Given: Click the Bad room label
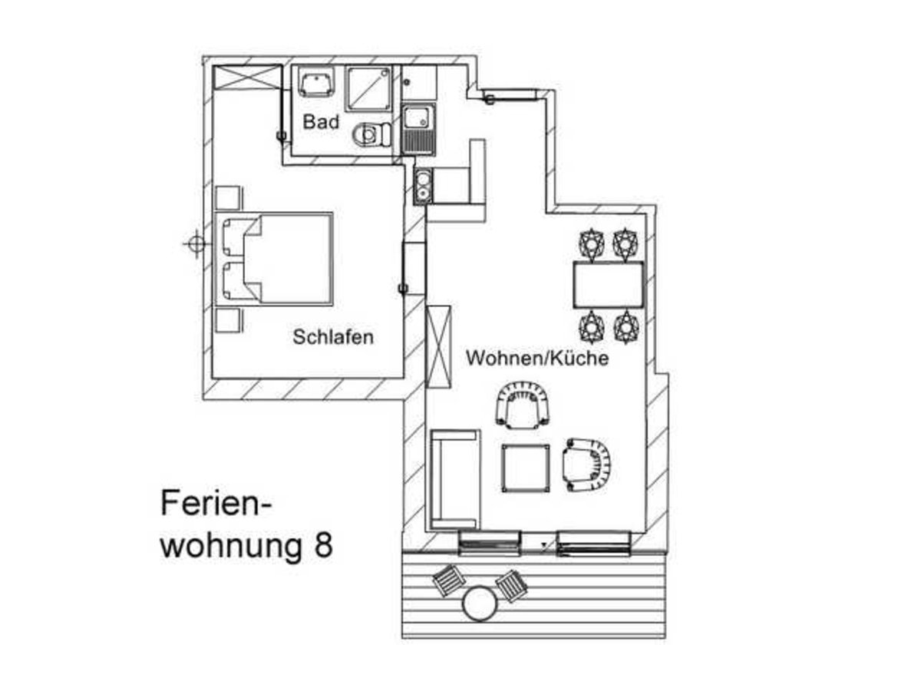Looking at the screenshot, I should point(321,122).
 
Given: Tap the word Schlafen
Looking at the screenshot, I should point(333,336).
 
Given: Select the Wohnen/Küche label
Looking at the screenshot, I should point(537,358).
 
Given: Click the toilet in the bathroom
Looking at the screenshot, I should point(368,136).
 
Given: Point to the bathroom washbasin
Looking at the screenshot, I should point(315,81).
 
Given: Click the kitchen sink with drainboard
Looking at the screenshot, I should point(418,127).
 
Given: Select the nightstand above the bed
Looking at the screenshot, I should point(229,197).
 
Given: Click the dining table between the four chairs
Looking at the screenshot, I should point(608,284).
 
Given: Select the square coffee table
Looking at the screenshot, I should point(526,467).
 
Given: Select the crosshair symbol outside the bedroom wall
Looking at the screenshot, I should point(196,244).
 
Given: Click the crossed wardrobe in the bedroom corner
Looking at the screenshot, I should point(247,78).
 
